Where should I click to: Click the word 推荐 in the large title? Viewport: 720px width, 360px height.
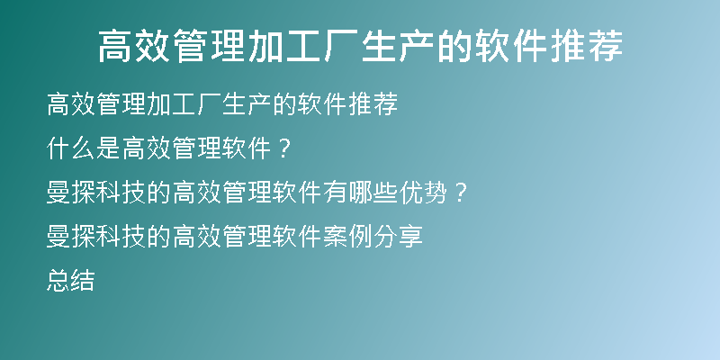pos(586,47)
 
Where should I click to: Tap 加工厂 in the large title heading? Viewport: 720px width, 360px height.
pos(303,47)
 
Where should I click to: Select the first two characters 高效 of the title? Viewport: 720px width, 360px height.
pos(136,47)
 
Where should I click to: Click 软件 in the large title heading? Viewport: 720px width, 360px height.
pos(510,47)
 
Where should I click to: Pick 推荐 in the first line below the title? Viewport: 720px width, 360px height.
pos(373,104)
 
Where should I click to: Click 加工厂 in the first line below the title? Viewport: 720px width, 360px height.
pos(184,104)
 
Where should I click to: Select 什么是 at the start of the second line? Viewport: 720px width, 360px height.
pos(84,148)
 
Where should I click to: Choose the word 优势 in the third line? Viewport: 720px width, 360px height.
pos(423,193)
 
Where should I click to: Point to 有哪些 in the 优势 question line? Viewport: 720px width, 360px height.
pos(361,193)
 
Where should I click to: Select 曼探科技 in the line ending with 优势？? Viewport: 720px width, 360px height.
pos(96,193)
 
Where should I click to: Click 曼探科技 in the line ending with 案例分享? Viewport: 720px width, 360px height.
pos(96,237)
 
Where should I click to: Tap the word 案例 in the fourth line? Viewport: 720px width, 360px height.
pos(348,237)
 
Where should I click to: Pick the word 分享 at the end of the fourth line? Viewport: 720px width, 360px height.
pos(398,237)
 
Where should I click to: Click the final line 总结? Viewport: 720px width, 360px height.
pos(71,281)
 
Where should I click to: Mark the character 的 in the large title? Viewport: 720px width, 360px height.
pos(454,47)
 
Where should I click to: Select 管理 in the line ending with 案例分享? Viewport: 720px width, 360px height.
pos(247,237)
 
